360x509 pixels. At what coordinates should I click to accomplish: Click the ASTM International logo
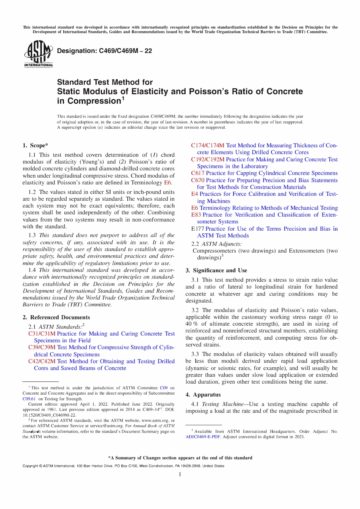point(38,54)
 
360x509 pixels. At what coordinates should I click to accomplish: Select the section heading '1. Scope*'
point(35,145)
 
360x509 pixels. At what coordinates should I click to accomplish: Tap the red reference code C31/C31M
point(42,334)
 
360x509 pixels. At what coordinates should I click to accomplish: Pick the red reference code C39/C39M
point(42,347)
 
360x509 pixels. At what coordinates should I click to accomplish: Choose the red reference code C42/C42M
point(42,361)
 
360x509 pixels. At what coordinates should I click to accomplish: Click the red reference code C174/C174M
point(208,145)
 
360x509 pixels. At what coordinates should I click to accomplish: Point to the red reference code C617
point(197,173)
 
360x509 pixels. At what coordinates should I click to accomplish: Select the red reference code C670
point(197,180)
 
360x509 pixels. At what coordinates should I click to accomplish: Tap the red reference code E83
point(196,215)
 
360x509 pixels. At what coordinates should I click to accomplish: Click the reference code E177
point(197,229)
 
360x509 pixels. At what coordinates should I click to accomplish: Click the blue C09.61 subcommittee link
point(29,399)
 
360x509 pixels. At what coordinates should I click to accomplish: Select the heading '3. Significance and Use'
point(216,270)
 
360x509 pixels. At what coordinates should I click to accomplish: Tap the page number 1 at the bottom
point(180,474)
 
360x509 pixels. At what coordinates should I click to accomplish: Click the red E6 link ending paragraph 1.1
point(167,183)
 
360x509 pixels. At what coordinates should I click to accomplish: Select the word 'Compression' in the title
point(94,101)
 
